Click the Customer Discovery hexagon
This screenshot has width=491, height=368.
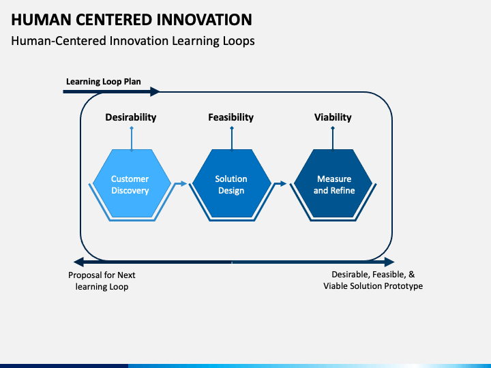[x=132, y=183]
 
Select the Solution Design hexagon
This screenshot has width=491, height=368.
[x=232, y=183]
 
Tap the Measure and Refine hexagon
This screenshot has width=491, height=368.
[x=333, y=183]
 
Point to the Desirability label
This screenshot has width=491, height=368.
[x=130, y=117]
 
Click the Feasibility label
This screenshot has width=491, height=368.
[x=230, y=117]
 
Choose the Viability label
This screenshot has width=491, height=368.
[x=333, y=117]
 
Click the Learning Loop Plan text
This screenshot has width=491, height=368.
[x=104, y=82]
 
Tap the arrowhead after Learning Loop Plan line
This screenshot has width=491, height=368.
[x=155, y=92]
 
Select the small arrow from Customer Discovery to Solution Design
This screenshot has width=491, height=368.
[x=181, y=184]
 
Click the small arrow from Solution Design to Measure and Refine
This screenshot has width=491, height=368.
[x=281, y=184]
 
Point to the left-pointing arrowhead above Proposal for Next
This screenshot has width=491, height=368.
[x=78, y=262]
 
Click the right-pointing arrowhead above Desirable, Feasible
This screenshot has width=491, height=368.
[x=389, y=262]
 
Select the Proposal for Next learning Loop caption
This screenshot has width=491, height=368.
[x=102, y=281]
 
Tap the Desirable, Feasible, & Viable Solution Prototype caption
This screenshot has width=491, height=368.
[x=373, y=280]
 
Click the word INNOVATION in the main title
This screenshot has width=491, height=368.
[x=204, y=20]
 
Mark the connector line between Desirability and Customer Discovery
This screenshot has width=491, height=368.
[x=132, y=138]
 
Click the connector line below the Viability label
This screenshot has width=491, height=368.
[x=333, y=138]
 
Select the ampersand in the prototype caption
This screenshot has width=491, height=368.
[x=411, y=275]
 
